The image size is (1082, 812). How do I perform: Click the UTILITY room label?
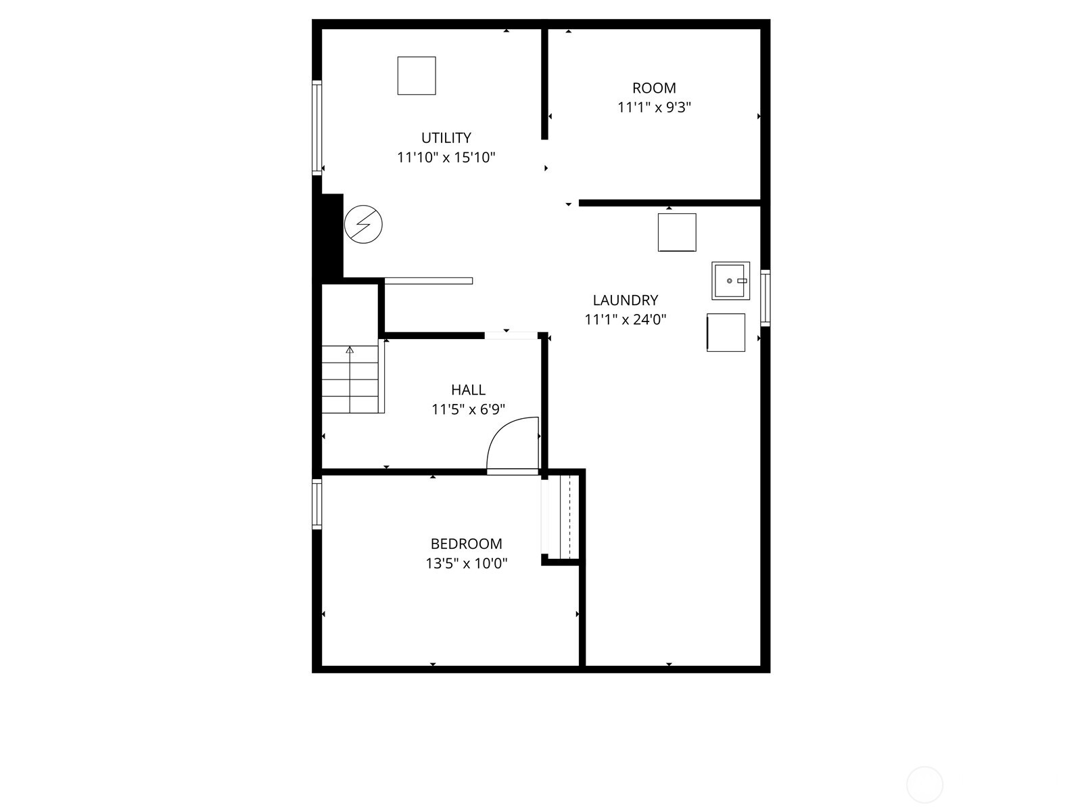(x=446, y=138)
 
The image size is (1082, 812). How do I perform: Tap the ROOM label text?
(x=654, y=88)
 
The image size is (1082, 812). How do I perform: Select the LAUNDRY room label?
(x=626, y=300)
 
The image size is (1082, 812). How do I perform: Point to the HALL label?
(x=468, y=390)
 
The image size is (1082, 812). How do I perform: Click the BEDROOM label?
(x=466, y=543)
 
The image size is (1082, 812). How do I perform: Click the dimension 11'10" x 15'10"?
(x=446, y=158)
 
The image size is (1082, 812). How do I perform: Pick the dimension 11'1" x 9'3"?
(x=654, y=108)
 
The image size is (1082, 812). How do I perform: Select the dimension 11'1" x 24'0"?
(x=626, y=319)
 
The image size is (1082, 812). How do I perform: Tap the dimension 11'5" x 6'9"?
(x=468, y=409)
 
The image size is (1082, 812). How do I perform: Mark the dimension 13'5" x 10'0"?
(x=466, y=563)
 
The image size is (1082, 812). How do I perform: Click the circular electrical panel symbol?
(x=363, y=224)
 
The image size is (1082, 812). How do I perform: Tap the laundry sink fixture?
(x=730, y=280)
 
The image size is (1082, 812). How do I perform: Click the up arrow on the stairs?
(x=350, y=350)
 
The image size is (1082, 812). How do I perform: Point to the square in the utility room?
(x=417, y=76)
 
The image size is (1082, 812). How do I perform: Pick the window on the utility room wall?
(x=316, y=128)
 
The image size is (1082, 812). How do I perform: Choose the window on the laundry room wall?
(x=765, y=298)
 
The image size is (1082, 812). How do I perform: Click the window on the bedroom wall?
(x=316, y=503)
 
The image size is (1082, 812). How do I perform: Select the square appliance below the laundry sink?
(x=726, y=332)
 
